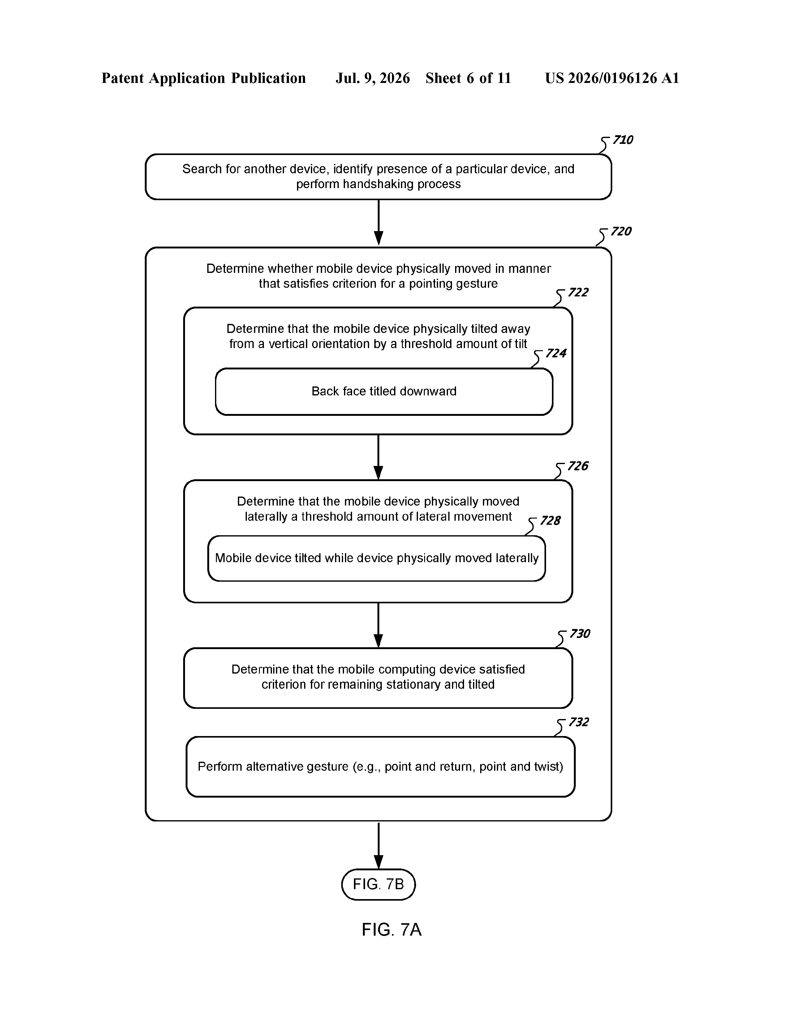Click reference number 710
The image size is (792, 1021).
pos(623,140)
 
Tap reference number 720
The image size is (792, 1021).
pos(621,231)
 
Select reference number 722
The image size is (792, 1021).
pos(578,292)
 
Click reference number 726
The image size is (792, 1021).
pos(578,466)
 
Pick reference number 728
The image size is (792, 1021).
pos(550,521)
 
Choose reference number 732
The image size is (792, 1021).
pos(579,722)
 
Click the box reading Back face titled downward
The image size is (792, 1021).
pos(384,391)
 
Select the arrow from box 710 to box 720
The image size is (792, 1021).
pos(379,222)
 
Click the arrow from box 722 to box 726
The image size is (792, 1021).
pos(379,457)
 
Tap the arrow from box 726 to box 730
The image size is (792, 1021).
pos(379,625)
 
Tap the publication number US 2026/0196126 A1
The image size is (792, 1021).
pos(612,78)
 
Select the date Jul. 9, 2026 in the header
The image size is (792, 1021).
pos(372,78)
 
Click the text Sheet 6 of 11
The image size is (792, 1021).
pos(468,78)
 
